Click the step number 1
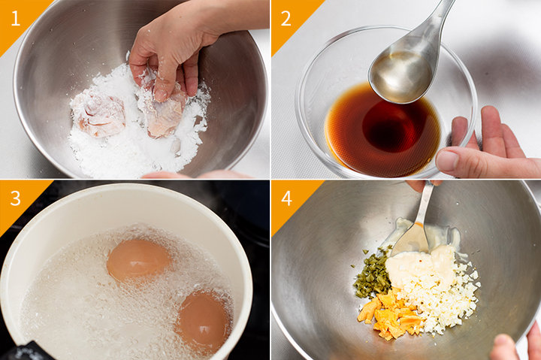pos(16,18)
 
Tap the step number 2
pos(286,18)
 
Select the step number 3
pos(15,198)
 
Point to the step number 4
pos(286,198)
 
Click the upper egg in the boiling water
pos(138,259)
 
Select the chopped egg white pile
pos(445,297)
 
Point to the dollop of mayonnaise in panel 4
pos(419,262)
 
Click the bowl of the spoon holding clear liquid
pos(400,74)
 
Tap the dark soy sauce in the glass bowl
pos(383,129)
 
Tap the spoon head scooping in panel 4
pos(410,239)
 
